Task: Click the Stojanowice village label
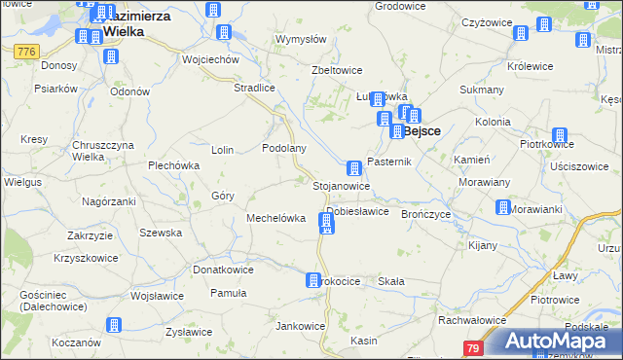pyautogui.click(x=341, y=185)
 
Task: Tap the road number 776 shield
pyautogui.click(x=26, y=51)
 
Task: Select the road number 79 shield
pyautogui.click(x=473, y=348)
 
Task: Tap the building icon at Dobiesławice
pyautogui.click(x=326, y=224)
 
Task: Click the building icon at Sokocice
pyautogui.click(x=313, y=280)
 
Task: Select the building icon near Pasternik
pyautogui.click(x=354, y=167)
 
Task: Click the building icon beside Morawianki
pyautogui.click(x=502, y=207)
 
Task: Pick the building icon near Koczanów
pyautogui.click(x=114, y=324)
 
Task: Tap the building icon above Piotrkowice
pyautogui.click(x=559, y=135)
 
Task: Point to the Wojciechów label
pyautogui.click(x=210, y=59)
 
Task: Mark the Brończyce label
pyautogui.click(x=425, y=214)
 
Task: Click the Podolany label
pyautogui.click(x=285, y=149)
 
